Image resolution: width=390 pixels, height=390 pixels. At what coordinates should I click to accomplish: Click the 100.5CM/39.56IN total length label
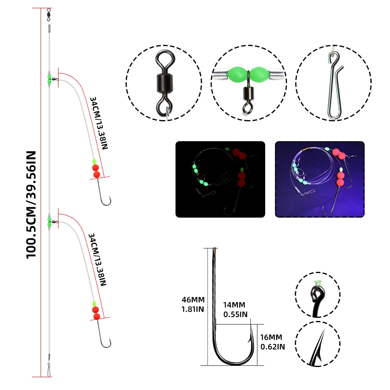pyautogui.click(x=31, y=205)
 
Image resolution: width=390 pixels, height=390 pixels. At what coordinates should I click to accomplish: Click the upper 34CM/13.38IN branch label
pyautogui.click(x=99, y=123)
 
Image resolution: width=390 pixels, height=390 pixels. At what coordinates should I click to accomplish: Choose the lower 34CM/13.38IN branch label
pyautogui.click(x=97, y=260)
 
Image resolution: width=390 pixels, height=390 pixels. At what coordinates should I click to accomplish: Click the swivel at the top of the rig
pyautogui.click(x=49, y=14)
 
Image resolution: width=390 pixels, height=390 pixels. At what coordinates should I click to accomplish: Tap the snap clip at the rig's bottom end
pyautogui.click(x=49, y=369)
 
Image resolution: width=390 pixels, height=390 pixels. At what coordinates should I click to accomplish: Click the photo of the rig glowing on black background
pyautogui.click(x=220, y=179)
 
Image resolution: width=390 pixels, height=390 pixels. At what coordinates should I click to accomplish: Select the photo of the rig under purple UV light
pyautogui.click(x=320, y=179)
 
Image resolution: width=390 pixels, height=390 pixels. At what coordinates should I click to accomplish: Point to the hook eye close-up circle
pyautogui.click(x=317, y=294)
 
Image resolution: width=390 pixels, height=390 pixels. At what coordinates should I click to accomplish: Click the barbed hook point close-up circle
pyautogui.click(x=317, y=344)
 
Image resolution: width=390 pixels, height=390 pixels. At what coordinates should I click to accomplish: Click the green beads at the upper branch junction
pyautogui.click(x=49, y=79)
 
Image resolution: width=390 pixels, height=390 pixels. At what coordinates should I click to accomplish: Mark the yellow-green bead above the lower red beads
pyautogui.click(x=94, y=303)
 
